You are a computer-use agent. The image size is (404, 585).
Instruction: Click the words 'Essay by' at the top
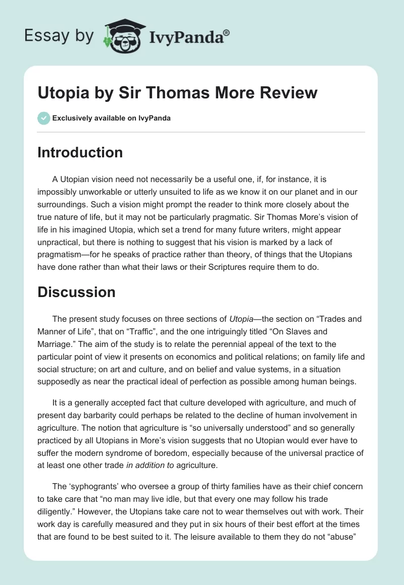tap(59, 36)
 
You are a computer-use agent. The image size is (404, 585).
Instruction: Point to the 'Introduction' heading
tap(80, 152)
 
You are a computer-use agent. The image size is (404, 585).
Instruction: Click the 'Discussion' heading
tap(76, 292)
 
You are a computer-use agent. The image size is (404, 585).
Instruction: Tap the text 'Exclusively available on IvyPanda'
tap(111, 118)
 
